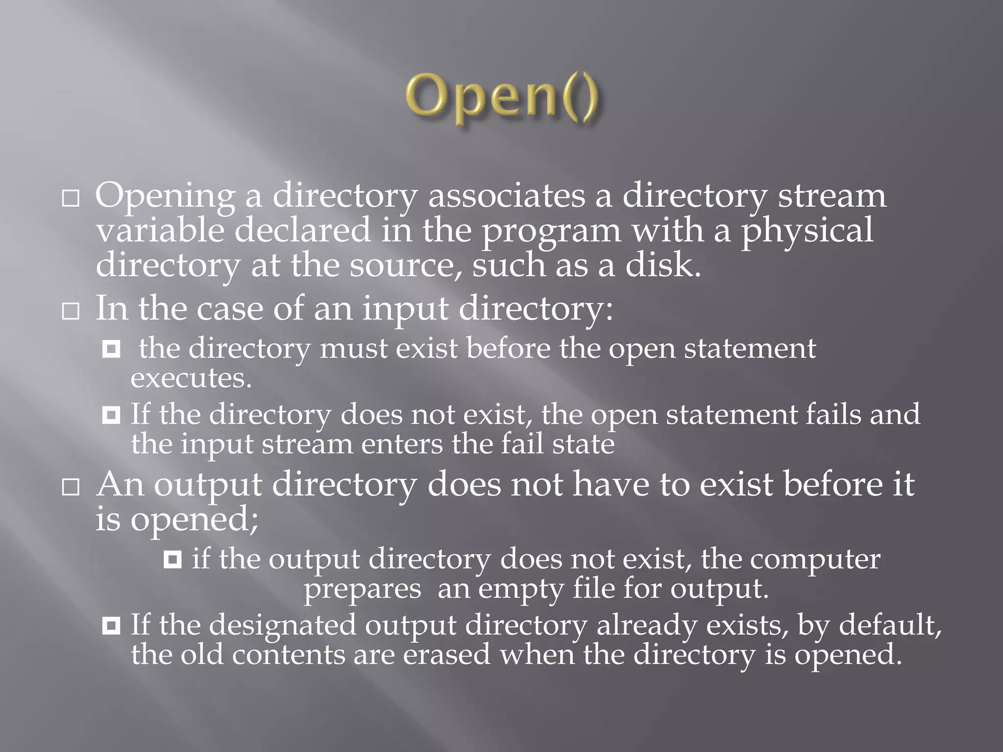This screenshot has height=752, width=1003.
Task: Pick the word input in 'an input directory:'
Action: tap(405, 309)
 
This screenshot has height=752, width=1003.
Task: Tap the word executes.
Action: tap(191, 378)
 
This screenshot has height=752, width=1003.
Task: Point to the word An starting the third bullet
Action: tap(120, 484)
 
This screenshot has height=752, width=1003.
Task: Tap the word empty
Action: tap(521, 588)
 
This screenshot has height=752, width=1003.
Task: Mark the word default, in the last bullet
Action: tap(890, 625)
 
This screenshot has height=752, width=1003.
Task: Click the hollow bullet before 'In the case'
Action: tap(71, 311)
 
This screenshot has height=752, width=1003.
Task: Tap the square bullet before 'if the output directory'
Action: tap(172, 559)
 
